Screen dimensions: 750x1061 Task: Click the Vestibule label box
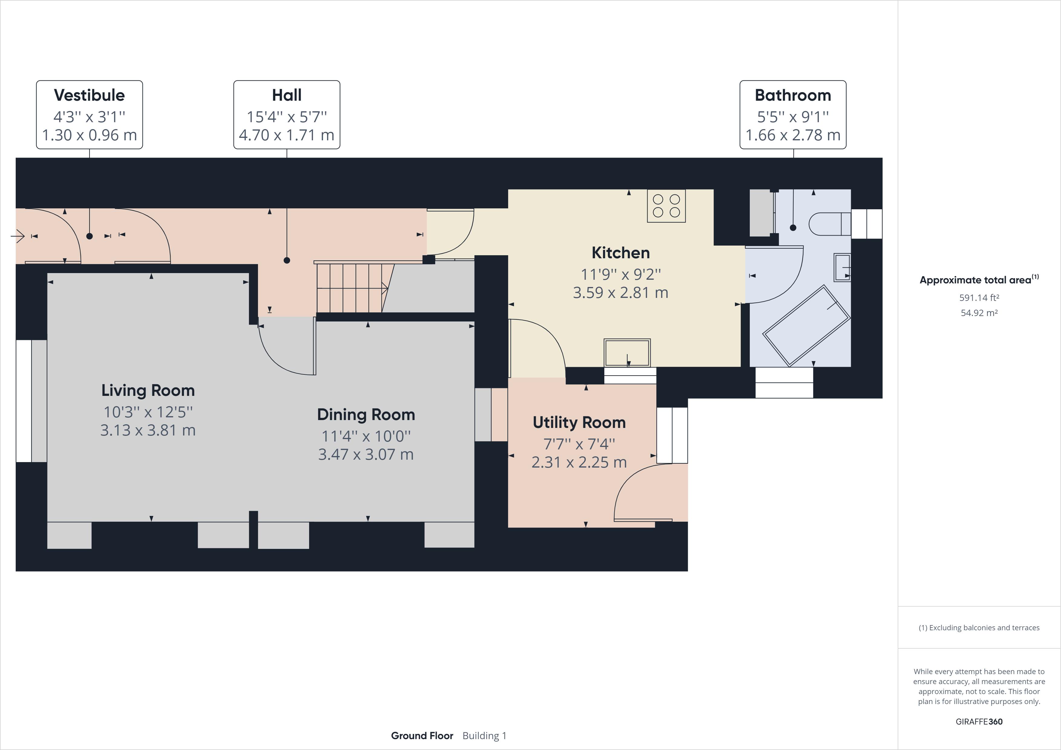89,115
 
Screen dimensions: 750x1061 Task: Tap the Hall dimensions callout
286,115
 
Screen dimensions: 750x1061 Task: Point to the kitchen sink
627,353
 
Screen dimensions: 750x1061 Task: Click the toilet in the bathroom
830,224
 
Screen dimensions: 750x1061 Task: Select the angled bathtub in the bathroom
806,326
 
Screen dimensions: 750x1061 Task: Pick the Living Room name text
148,390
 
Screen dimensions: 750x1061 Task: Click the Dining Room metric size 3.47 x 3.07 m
366,454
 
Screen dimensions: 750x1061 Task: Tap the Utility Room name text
579,422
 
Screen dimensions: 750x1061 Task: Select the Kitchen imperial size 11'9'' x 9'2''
621,275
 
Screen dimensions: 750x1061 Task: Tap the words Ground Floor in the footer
422,736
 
